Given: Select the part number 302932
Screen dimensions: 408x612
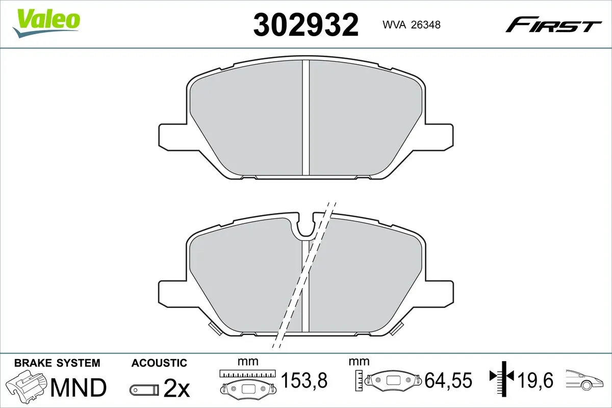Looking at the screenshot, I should point(306,25).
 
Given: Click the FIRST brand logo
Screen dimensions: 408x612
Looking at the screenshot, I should point(553,24).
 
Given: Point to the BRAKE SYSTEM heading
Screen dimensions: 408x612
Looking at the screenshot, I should point(57,363).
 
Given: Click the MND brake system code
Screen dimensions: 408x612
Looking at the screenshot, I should point(78,388).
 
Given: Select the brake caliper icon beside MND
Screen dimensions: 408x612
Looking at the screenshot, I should point(27,387).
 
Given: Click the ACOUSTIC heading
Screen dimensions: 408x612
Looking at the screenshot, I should point(159,363).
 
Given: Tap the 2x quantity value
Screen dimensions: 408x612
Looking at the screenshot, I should point(176,389).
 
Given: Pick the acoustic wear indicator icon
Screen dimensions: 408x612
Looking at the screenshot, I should point(144,390).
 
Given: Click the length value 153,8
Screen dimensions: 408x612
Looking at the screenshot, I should point(304,380).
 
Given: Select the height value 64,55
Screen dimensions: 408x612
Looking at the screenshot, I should point(449,380).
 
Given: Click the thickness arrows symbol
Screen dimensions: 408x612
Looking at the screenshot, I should point(503,377).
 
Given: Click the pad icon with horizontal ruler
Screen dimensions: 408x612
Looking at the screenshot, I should point(247,382).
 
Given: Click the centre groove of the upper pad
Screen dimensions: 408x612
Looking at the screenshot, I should point(306,117).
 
